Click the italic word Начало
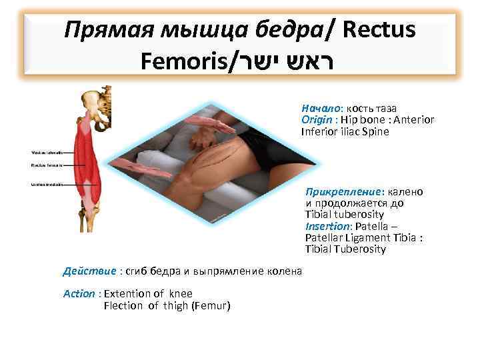coord(321,107)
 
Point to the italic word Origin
coord(319,119)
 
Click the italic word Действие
coord(89,271)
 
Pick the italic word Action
coord(79,293)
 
